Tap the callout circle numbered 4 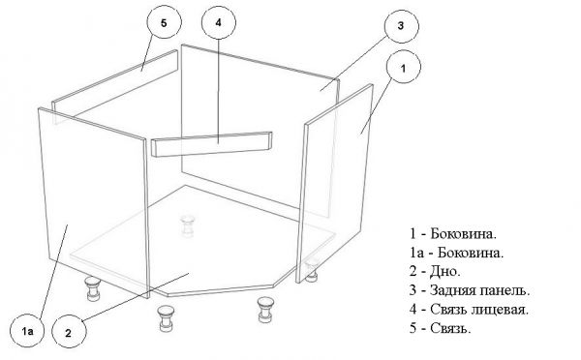(x=219, y=21)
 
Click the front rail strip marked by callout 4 (x=214, y=143)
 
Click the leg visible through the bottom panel (x=187, y=225)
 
